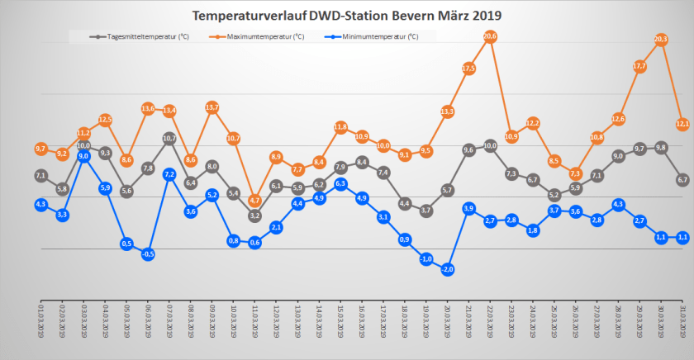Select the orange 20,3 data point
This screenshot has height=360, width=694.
click(661, 40)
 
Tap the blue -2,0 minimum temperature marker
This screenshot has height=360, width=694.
click(447, 269)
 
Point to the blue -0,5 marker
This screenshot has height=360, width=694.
click(148, 254)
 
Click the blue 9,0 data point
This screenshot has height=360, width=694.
click(83, 155)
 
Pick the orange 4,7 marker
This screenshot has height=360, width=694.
click(254, 201)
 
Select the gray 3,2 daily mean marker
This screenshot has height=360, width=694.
click(254, 216)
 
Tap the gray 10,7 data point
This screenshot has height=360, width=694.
click(169, 139)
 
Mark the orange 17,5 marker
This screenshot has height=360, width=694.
click(468, 68)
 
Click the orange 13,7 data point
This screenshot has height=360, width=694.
click(212, 107)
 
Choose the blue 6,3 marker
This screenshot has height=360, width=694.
click(340, 183)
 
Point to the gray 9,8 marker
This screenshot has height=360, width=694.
click(661, 147)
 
